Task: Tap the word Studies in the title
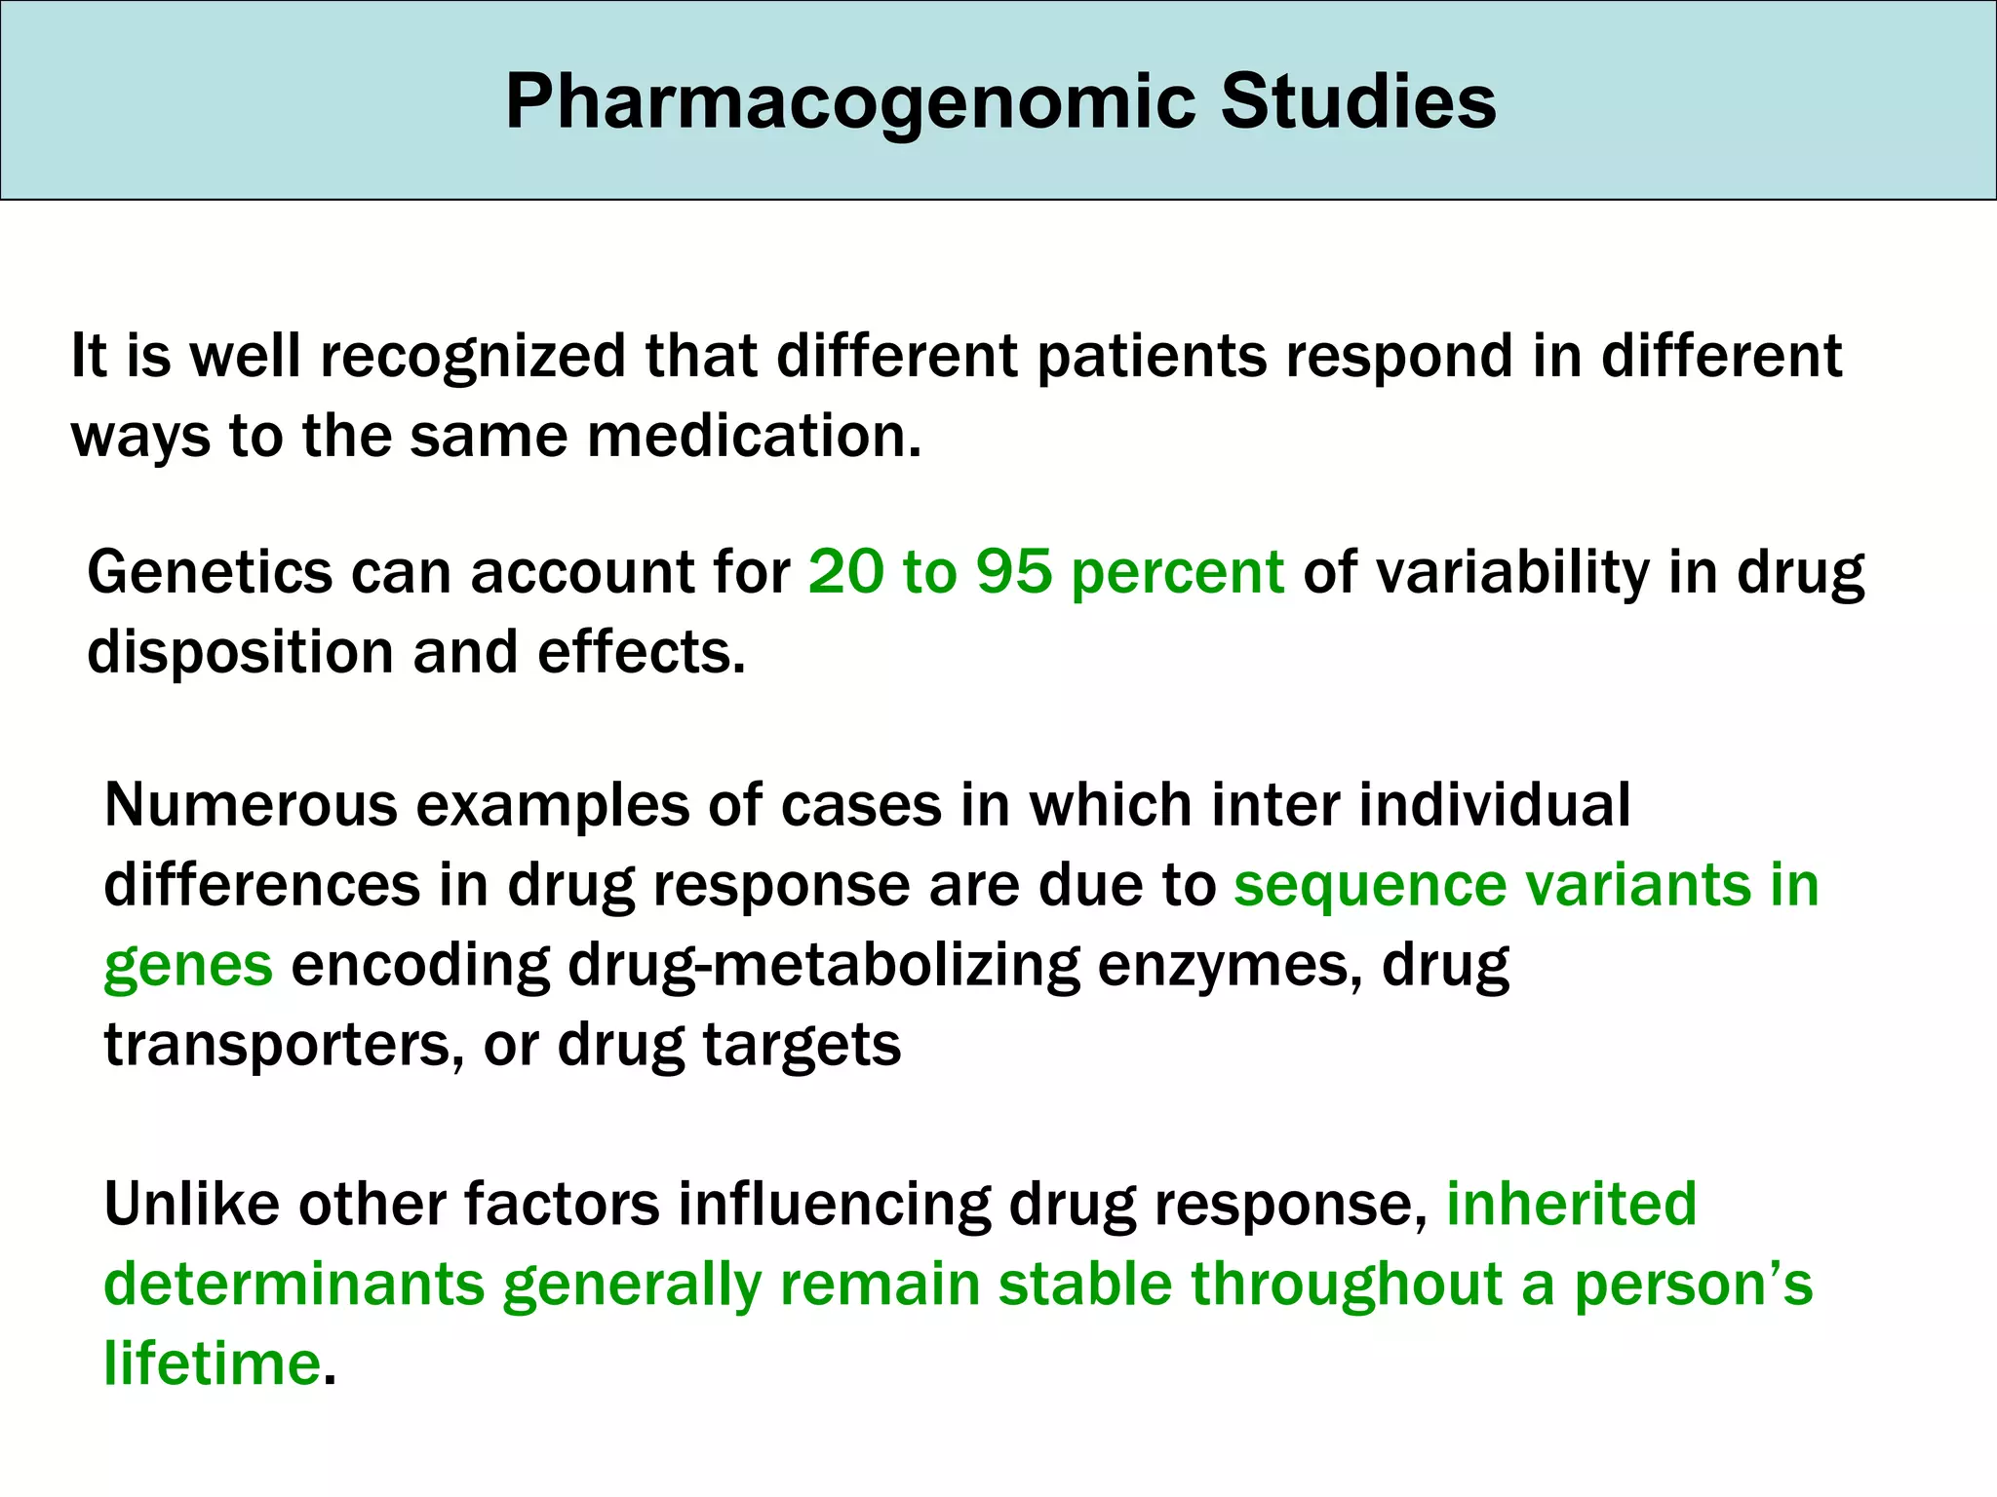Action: [x=1357, y=102]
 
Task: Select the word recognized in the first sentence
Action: [x=473, y=357]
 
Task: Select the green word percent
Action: [x=1177, y=573]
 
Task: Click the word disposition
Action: [x=240, y=652]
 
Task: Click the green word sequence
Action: [x=1369, y=887]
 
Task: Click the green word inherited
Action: [x=1571, y=1204]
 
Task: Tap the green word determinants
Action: [x=294, y=1284]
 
